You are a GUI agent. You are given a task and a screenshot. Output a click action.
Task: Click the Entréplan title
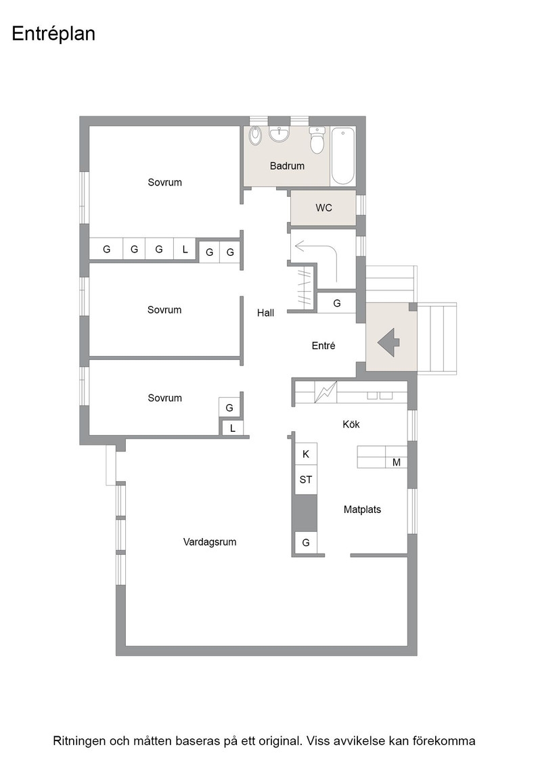point(53,34)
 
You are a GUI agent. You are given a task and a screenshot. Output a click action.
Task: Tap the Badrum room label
point(287,166)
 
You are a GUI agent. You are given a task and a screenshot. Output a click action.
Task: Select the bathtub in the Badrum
point(343,156)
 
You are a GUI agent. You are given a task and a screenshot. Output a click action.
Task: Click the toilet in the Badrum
point(317,139)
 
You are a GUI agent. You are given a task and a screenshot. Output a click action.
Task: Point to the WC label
point(323,208)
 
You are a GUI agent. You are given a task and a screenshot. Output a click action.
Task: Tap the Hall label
point(265,313)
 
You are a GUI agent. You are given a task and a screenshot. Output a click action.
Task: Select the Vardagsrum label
point(210,542)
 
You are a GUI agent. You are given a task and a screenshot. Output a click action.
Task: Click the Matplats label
point(362,510)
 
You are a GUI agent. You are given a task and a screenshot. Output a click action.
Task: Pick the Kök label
point(351,424)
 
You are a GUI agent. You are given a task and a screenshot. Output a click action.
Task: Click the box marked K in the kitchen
point(306,454)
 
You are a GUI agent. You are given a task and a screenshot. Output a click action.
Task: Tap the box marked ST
point(306,480)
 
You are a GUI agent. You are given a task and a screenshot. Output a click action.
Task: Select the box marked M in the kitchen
point(397,463)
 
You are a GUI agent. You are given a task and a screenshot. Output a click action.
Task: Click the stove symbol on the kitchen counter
point(326,392)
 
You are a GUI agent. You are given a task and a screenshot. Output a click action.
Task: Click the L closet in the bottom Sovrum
point(233,428)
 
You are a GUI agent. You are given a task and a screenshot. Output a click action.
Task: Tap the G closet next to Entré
point(337,303)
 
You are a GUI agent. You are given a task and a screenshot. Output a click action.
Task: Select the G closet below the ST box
point(306,543)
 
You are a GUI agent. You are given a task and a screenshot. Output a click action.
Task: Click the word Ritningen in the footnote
point(79,741)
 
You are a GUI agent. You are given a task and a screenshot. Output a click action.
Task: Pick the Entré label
point(323,346)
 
